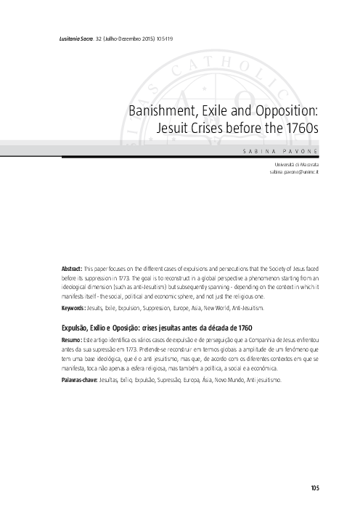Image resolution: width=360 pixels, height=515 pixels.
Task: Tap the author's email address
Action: click(294, 174)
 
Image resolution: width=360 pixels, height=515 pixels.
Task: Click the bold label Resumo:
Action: click(71, 339)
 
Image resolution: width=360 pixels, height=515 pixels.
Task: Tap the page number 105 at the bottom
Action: click(314, 487)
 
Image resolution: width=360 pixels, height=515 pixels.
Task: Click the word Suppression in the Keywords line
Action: click(155, 308)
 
